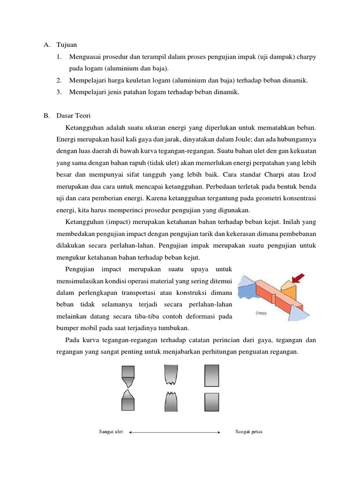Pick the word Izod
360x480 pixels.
pyautogui.click(x=307, y=174)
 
